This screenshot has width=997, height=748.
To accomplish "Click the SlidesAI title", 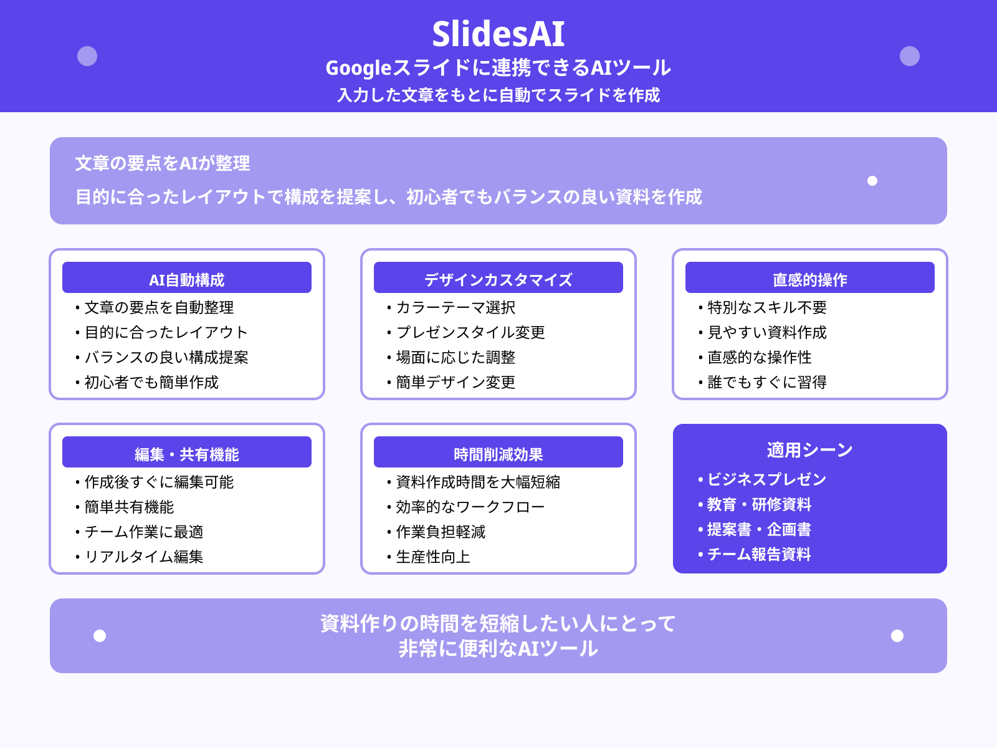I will pyautogui.click(x=499, y=34).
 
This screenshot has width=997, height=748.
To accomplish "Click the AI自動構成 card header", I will pyautogui.click(x=187, y=278).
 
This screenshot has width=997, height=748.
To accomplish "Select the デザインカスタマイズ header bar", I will pyautogui.click(x=499, y=278).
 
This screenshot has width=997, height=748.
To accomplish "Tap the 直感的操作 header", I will pyautogui.click(x=810, y=278).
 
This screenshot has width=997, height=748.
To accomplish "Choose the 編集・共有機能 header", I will pyautogui.click(x=187, y=453).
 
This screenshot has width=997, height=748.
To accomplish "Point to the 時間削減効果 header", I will pyautogui.click(x=499, y=453).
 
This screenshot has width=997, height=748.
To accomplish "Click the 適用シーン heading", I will pyautogui.click(x=810, y=449).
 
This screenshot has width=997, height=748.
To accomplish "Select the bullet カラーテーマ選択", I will pyautogui.click(x=456, y=307).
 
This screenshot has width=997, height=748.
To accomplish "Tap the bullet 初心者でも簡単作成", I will pyautogui.click(x=151, y=382).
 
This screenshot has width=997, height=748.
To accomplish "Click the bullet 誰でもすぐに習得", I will pyautogui.click(x=767, y=382).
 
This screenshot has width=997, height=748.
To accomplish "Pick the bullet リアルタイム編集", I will pyautogui.click(x=144, y=557).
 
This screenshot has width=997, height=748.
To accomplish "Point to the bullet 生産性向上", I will pyautogui.click(x=433, y=557).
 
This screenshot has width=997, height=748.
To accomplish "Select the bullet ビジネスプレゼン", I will pyautogui.click(x=766, y=479).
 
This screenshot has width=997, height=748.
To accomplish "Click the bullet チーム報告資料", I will pyautogui.click(x=759, y=554).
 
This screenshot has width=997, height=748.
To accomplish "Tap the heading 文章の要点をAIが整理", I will pyautogui.click(x=163, y=163).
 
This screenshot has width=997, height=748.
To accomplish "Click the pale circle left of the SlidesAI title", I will pyautogui.click(x=87, y=56).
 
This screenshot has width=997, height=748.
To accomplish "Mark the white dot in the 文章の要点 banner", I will pyautogui.click(x=872, y=181).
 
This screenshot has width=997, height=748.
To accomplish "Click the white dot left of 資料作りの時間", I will pyautogui.click(x=100, y=636).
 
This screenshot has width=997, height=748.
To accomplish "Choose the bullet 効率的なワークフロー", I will pyautogui.click(x=470, y=507).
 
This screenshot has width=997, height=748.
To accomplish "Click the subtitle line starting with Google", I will pyautogui.click(x=499, y=67).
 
